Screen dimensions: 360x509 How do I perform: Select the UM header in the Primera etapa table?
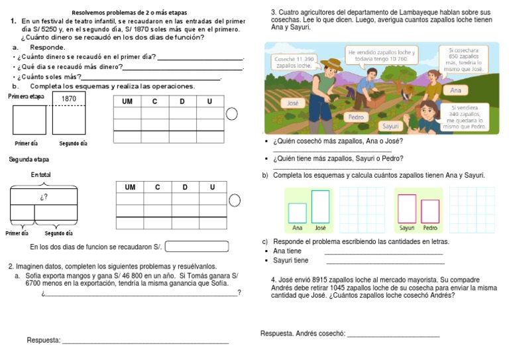click(x=127, y=101)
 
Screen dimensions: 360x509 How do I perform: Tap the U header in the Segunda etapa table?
click(x=212, y=188)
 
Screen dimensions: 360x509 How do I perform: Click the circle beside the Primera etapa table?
click(x=232, y=114)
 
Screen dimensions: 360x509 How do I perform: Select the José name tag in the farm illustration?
click(x=293, y=103)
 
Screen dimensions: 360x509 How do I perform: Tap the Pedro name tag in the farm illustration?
click(x=357, y=117)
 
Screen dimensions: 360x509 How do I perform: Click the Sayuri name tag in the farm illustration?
click(x=391, y=126)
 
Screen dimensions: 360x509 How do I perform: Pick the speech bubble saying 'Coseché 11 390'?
click(x=294, y=62)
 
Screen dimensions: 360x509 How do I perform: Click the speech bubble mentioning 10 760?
click(x=381, y=56)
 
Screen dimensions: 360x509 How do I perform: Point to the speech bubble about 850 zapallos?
click(x=464, y=59)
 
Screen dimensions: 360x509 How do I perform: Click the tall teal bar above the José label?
click(x=320, y=206)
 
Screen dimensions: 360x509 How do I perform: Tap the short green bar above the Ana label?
click(x=298, y=213)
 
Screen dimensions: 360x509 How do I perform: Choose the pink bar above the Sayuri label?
click(x=407, y=208)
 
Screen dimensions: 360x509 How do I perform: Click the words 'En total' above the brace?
click(x=40, y=174)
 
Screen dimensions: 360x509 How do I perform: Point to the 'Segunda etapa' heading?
click(x=28, y=160)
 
